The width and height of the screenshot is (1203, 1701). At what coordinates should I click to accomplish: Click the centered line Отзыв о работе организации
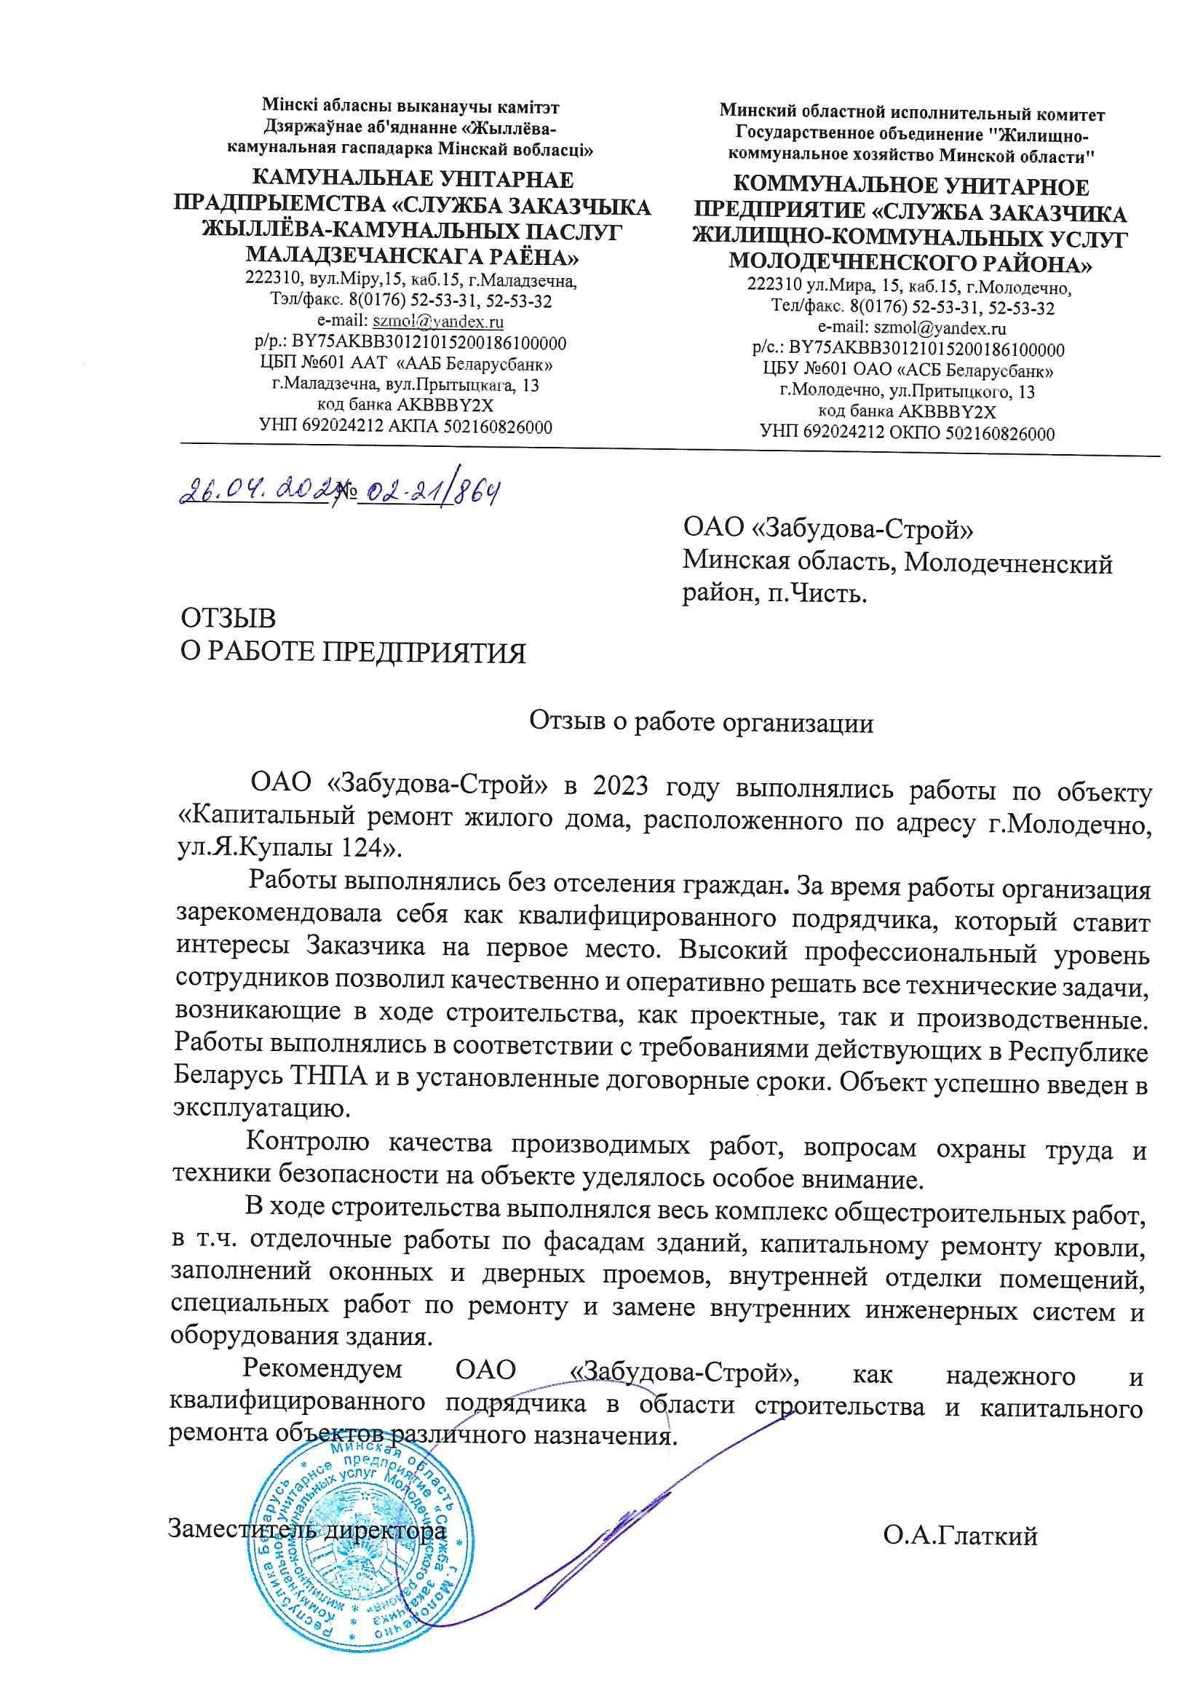pos(701,722)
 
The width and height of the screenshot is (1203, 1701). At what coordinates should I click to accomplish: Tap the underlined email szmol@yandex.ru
pos(439,322)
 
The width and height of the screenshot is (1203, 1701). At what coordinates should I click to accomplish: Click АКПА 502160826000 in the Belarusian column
pos(460,427)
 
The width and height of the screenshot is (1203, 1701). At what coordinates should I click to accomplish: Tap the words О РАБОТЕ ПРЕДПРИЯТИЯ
pos(354,653)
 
